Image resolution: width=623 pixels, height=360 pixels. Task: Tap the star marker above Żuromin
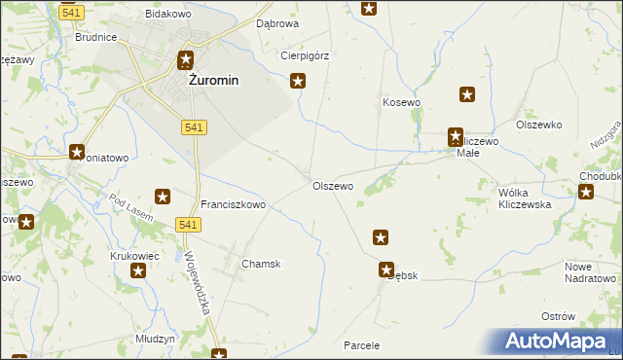tap(185, 60)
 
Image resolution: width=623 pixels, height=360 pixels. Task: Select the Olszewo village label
tap(332, 186)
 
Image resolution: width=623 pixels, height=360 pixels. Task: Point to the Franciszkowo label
tap(234, 205)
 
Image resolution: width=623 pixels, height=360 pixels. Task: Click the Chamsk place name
tap(261, 264)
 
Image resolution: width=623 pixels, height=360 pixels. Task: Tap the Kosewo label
tap(401, 102)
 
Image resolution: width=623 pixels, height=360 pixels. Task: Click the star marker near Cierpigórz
tap(299, 82)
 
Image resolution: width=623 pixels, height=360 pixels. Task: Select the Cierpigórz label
tap(305, 55)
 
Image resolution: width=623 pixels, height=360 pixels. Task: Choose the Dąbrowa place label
tap(276, 22)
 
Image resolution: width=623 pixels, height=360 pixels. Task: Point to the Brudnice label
tap(96, 37)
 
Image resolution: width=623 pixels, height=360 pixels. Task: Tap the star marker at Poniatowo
tap(77, 151)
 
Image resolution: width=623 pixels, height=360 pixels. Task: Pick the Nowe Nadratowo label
tap(592, 272)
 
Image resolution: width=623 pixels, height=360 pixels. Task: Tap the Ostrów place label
tap(585, 317)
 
